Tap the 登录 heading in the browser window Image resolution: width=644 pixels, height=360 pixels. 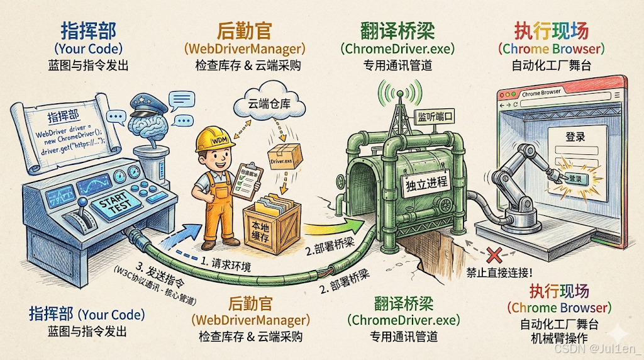575,137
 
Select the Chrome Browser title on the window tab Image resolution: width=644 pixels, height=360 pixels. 541,93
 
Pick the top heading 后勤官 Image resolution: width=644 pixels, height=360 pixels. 243,30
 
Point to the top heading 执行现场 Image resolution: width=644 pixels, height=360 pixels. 551,30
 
